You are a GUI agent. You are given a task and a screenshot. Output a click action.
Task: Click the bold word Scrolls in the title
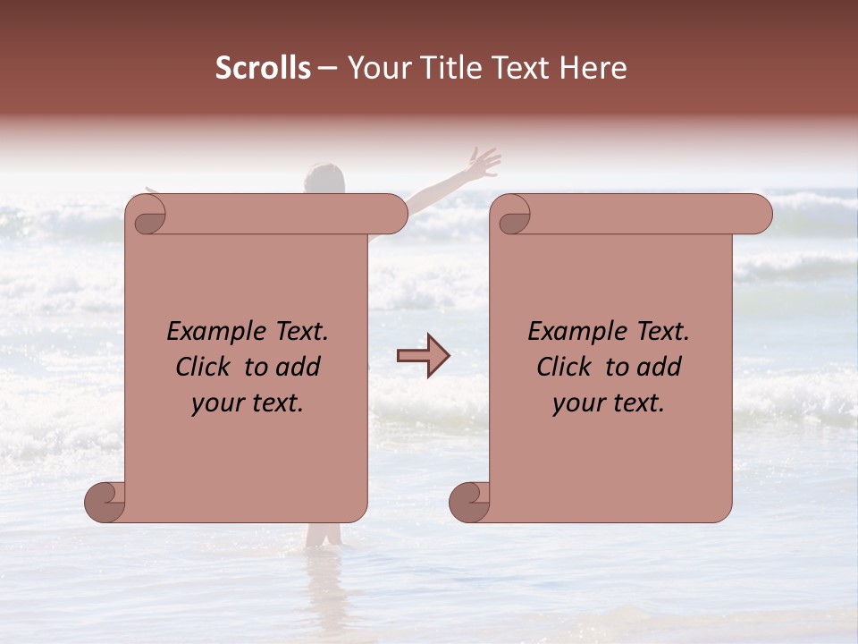(263, 68)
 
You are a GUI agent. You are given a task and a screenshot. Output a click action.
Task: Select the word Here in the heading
(593, 68)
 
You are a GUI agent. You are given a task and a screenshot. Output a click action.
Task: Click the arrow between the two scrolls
(423, 356)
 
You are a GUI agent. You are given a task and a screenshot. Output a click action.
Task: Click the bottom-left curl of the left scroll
(105, 502)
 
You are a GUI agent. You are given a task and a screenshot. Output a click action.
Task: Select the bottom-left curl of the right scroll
(469, 502)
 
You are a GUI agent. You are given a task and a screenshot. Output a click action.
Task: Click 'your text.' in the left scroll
(248, 403)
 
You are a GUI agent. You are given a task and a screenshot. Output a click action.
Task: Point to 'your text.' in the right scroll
(609, 403)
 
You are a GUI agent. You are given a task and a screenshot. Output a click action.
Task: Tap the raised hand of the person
(483, 163)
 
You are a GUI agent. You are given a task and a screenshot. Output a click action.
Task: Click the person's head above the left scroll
(324, 177)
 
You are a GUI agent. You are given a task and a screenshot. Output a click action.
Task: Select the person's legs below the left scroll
(324, 535)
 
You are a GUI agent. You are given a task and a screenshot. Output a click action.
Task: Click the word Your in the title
(376, 68)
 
